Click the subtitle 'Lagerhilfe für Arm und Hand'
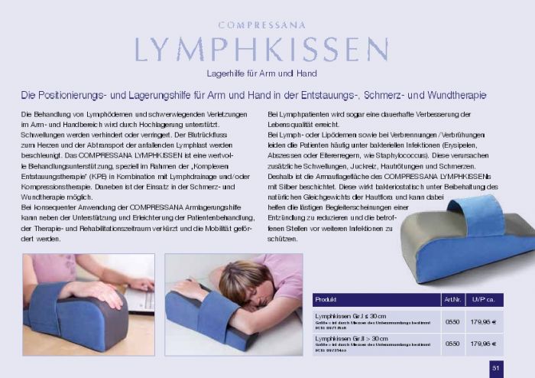pyautogui.click(x=261, y=73)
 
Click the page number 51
pyautogui.click(x=495, y=367)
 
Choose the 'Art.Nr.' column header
pyautogui.click(x=452, y=299)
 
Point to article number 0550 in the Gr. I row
pyautogui.click(x=452, y=321)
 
